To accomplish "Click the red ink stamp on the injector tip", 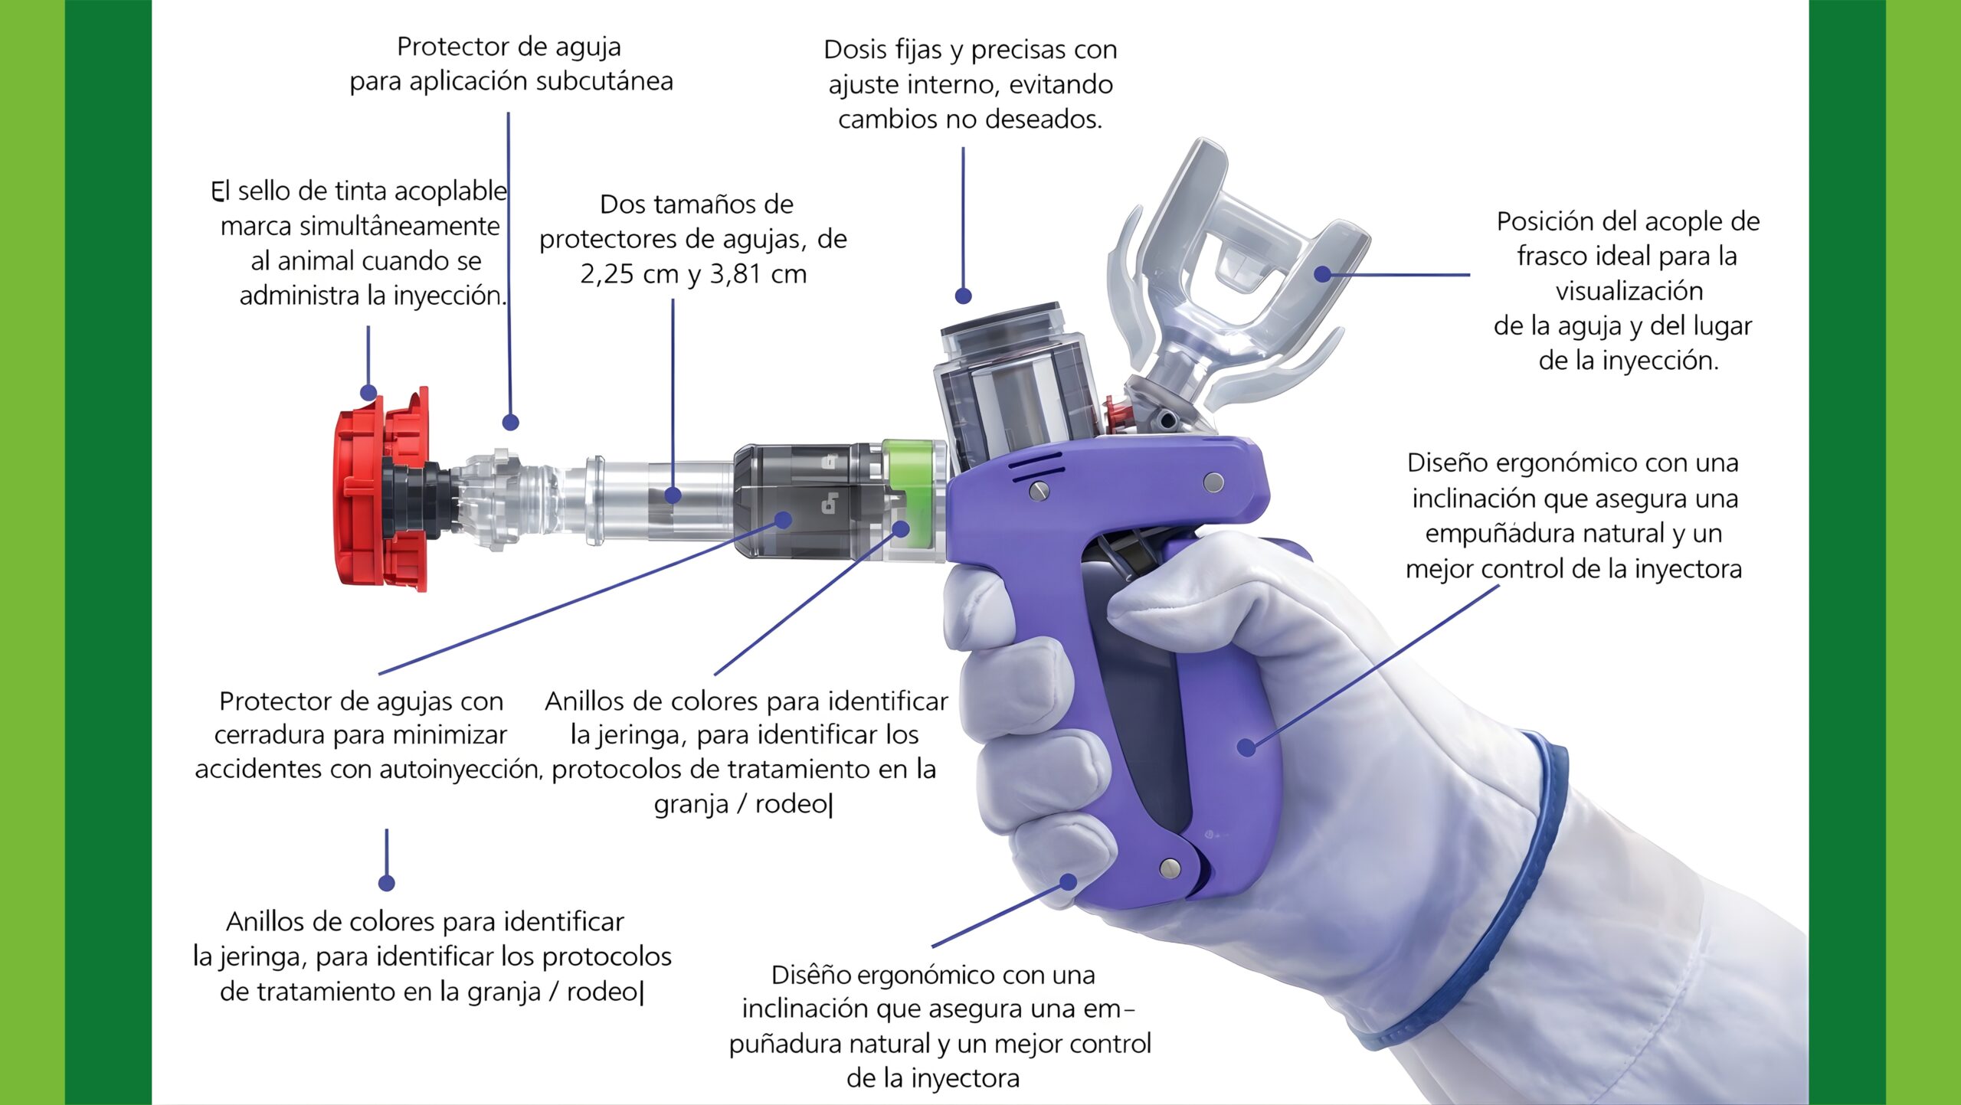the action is click(381, 490).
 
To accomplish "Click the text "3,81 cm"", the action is click(758, 274).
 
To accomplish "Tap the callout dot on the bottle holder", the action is click(1323, 273).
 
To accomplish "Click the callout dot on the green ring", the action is click(901, 528).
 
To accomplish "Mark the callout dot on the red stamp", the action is click(368, 394).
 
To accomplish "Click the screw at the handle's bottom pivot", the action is click(1170, 868).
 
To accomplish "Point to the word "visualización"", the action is click(1629, 292).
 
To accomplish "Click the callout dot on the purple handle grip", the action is click(1246, 747).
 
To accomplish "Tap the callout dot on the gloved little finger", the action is click(1068, 882).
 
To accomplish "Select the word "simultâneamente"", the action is click(360, 227).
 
